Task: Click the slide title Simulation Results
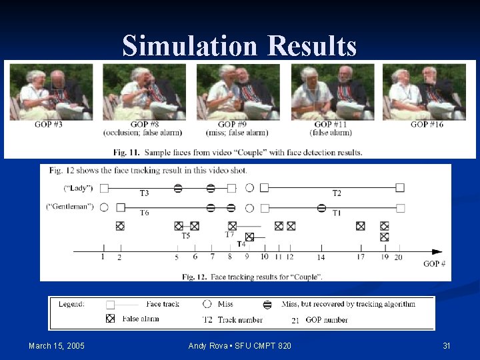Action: point(239,46)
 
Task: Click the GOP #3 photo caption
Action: point(48,125)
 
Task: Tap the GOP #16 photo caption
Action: point(427,125)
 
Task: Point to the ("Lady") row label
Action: point(78,189)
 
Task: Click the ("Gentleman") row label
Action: point(69,207)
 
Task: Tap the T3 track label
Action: point(144,194)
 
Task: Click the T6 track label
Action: point(144,213)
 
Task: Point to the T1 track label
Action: point(337,213)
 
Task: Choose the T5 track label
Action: point(186,235)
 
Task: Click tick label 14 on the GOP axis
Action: point(321,257)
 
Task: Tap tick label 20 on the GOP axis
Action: point(398,257)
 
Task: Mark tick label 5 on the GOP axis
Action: point(177,257)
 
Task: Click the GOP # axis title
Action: point(434,264)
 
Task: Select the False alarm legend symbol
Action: point(111,319)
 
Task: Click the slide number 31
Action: point(447,345)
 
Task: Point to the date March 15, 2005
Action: point(57,345)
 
